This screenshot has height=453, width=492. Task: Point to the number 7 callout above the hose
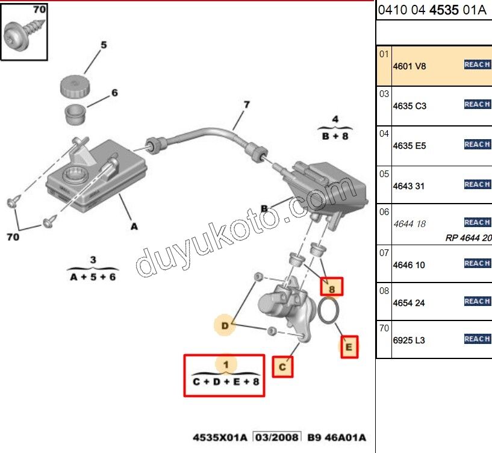(246, 105)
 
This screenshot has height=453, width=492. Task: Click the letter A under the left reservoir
(134, 226)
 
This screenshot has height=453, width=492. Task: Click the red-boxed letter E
(349, 347)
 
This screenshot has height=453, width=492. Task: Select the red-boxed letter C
(282, 366)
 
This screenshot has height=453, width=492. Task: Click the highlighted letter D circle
(225, 326)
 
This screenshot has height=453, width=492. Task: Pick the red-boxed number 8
(331, 287)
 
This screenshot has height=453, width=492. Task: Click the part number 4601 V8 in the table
(409, 66)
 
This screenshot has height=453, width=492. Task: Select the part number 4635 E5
(409, 146)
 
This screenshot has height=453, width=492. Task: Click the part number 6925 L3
(409, 340)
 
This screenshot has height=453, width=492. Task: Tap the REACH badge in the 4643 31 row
(477, 184)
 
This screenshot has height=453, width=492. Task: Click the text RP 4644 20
(469, 237)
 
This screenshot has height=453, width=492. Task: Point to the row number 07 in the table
(384, 252)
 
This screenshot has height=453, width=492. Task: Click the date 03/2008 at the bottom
(276, 437)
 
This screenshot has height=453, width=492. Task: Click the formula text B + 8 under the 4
(335, 136)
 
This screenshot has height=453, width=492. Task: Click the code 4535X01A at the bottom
(220, 437)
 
